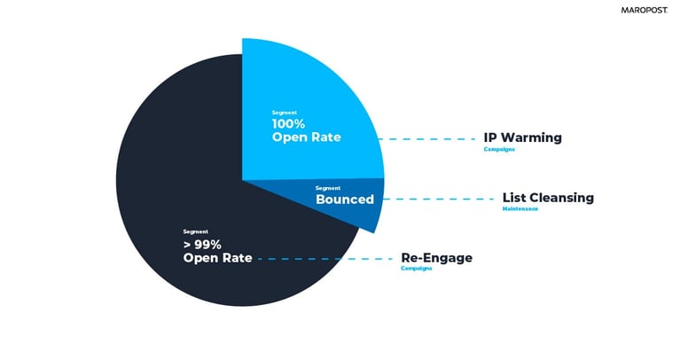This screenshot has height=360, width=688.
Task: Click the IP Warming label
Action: tap(522, 138)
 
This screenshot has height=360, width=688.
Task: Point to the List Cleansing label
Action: tap(547, 198)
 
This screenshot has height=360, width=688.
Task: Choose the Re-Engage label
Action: tap(436, 258)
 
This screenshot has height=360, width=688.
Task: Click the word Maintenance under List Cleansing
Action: tap(520, 209)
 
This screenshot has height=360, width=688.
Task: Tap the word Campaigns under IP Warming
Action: tap(498, 150)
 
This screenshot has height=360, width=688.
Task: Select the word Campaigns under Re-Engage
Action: tap(416, 269)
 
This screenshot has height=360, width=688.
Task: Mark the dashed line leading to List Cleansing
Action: tap(439, 199)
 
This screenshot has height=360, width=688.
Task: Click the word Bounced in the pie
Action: tap(344, 200)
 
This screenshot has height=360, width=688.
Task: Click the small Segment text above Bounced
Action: tap(327, 187)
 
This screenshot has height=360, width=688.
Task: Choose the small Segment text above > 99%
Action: tap(195, 231)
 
